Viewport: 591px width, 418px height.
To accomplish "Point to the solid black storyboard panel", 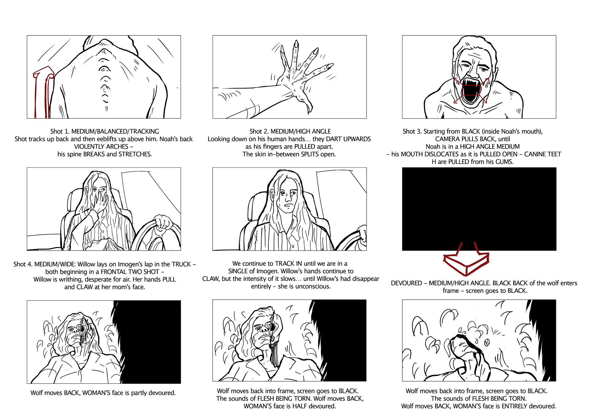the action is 479,209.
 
